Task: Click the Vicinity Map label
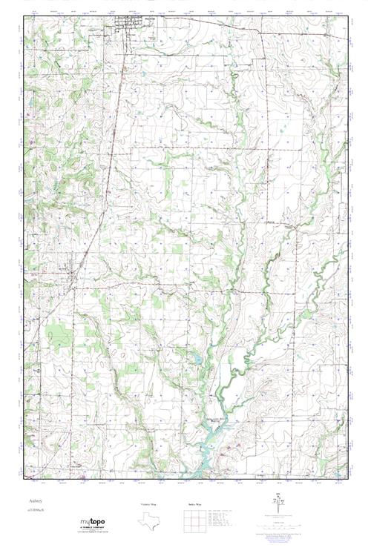click(148, 503)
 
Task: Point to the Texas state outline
click(148, 520)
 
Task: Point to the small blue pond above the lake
click(197, 360)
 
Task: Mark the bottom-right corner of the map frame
click(348, 479)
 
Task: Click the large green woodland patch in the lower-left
click(56, 334)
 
